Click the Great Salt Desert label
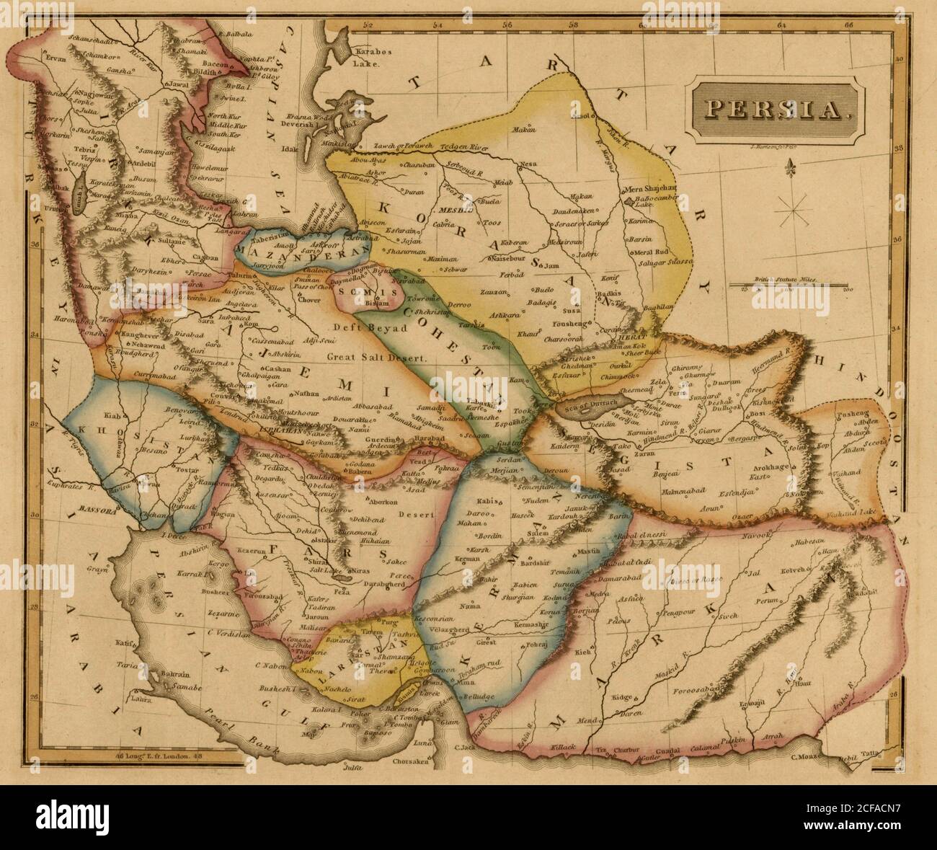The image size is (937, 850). click(377, 357)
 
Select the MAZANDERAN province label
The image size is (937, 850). click(302, 253)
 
